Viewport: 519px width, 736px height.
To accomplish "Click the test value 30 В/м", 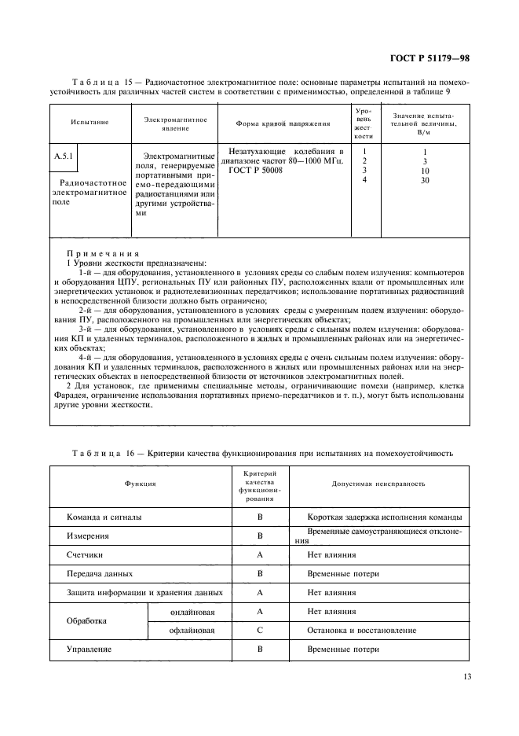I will [x=425, y=180].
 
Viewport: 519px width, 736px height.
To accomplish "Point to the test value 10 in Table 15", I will [x=425, y=170].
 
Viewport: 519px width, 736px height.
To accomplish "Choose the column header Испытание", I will [x=90, y=123].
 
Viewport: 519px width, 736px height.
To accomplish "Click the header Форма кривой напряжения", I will [x=283, y=123].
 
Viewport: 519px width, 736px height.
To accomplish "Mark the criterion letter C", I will [x=259, y=630].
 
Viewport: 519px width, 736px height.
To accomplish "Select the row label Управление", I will [x=89, y=650].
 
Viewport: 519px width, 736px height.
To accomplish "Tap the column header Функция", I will [x=141, y=484].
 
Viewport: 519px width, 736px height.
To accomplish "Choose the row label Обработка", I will [x=86, y=620].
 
